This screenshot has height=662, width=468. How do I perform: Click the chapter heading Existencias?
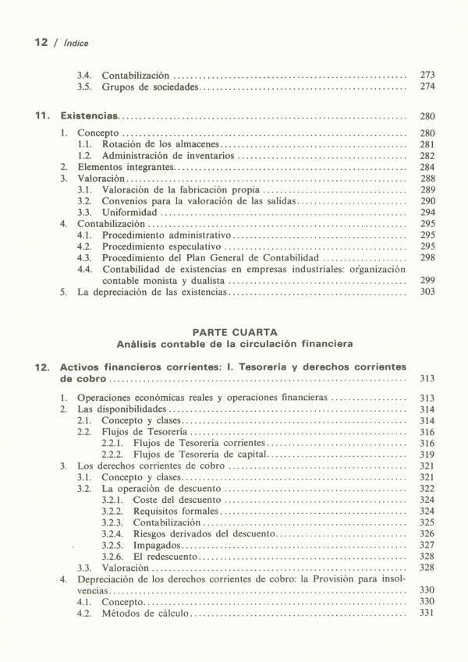pos(89,116)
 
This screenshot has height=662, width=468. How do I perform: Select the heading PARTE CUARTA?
pos(234,332)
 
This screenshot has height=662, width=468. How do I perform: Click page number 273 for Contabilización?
pos(427,75)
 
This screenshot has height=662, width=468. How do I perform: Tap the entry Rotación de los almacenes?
pos(161,145)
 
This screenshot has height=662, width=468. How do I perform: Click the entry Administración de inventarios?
pos(168,156)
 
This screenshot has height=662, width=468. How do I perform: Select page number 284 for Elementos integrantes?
pos(427,167)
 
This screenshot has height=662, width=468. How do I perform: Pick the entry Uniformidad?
pos(129,212)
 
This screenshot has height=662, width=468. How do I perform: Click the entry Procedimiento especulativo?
pos(161,246)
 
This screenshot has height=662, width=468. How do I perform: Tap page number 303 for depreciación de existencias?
pos(427,292)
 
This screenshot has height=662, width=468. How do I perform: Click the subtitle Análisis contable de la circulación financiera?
pos(234,343)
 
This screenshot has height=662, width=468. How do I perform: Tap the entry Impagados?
pos(156,545)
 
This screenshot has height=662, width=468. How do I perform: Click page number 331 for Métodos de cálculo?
pos(427,614)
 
